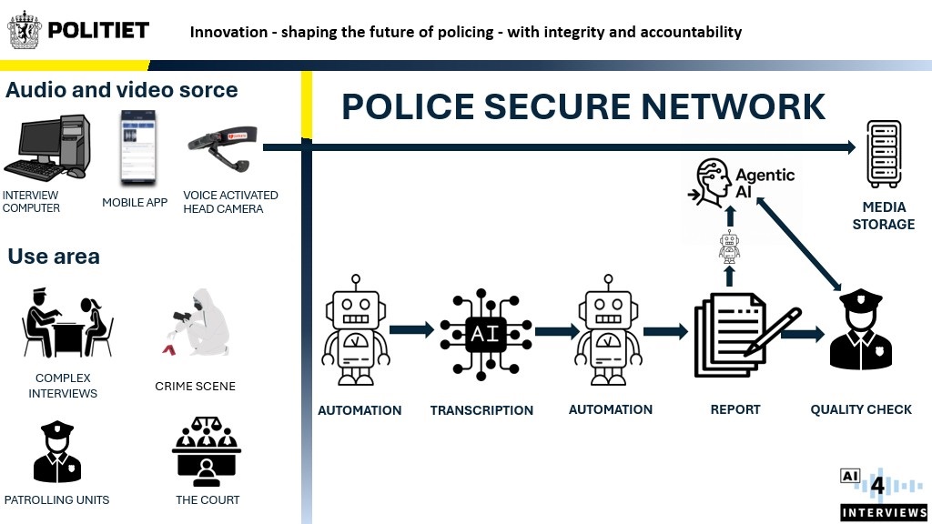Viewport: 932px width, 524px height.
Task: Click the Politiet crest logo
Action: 25,30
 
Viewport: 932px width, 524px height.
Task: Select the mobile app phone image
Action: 137,147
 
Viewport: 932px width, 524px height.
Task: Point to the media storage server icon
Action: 883,155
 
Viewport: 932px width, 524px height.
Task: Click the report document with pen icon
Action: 742,336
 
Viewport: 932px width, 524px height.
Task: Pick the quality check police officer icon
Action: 860,332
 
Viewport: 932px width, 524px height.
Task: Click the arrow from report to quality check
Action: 802,334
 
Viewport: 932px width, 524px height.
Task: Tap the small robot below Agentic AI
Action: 728,247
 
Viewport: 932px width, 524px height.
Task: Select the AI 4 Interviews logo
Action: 883,495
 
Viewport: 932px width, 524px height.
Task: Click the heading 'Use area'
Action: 54,257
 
